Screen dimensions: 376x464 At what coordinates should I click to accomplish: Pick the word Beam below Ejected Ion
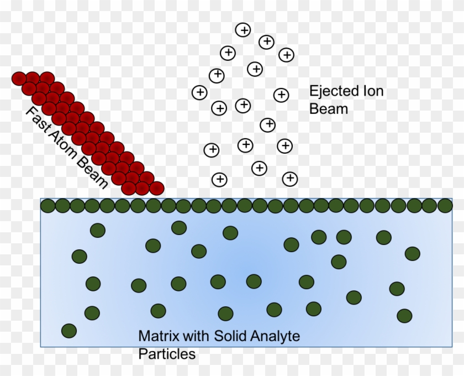point(329,108)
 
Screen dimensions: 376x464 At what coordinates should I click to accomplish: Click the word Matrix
point(156,336)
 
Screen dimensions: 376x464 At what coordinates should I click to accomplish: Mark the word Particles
point(167,353)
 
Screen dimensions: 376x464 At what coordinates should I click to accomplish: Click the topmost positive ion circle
point(243,30)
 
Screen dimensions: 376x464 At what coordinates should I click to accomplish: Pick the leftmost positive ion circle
point(199,92)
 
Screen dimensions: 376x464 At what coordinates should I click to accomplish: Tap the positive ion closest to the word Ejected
point(281,95)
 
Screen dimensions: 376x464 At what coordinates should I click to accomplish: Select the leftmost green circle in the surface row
point(48,206)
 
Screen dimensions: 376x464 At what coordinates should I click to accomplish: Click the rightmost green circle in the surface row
point(445,206)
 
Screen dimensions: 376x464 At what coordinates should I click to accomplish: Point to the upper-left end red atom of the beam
point(19,79)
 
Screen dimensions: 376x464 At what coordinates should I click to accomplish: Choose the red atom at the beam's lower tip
point(157,188)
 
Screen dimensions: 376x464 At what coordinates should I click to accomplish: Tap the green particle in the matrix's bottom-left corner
point(69,331)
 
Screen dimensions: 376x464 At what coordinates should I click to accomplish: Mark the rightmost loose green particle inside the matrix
point(413,253)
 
